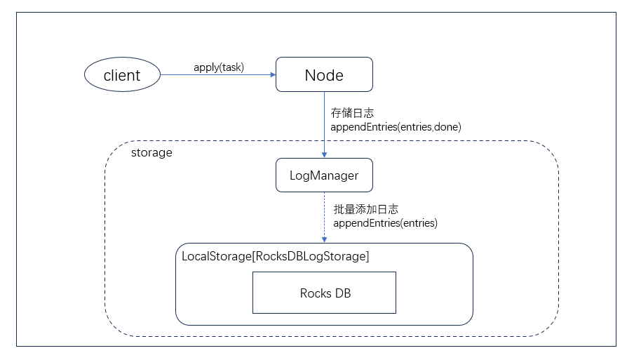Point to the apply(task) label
tap(219, 67)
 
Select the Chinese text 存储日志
tap(353, 112)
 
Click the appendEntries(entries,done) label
tap(396, 126)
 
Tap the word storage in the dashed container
tap(151, 152)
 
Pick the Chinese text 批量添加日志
tap(366, 209)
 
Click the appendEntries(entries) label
tap(385, 223)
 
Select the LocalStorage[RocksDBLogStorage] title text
tap(275, 256)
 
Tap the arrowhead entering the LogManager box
tap(324, 155)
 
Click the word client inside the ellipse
tap(122, 75)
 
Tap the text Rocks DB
tap(325, 293)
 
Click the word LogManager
tap(323, 175)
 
